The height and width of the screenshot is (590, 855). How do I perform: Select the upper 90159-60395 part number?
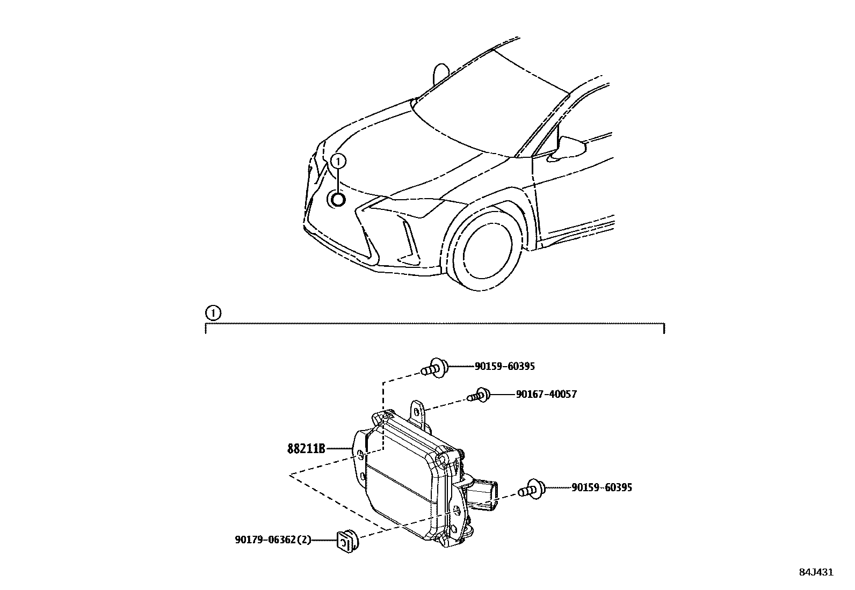point(504,367)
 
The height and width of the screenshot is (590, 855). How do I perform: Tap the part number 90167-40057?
point(546,395)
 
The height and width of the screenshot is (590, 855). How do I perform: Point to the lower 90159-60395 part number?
point(602,488)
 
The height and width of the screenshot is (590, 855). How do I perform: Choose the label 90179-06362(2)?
point(273,540)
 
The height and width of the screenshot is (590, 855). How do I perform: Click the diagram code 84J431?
point(816,572)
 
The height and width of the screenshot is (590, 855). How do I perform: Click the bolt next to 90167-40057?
point(478,396)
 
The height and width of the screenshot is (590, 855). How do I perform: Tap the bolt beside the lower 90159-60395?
point(532,489)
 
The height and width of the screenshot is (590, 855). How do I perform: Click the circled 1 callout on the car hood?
point(338,161)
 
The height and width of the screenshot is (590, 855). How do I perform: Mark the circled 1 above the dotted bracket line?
point(213,313)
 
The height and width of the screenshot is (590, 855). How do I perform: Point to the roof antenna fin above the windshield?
point(441,75)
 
